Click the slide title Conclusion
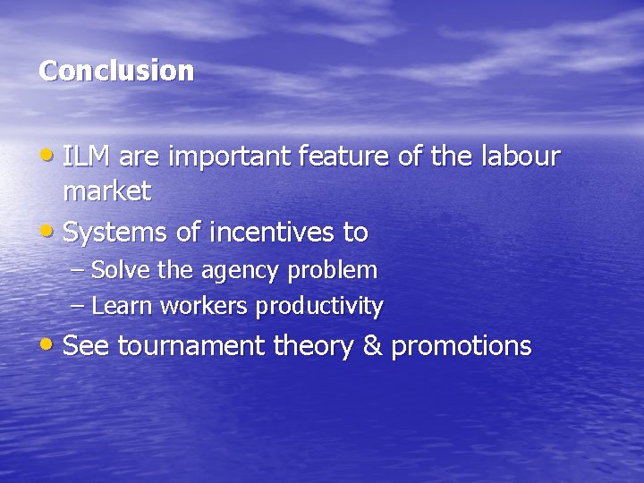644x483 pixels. pos(116,71)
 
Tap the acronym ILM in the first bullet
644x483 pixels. pos(87,157)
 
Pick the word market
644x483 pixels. pos(107,191)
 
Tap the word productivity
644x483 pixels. pos(319,307)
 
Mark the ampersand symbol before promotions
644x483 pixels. pos(372,346)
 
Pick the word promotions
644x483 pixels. pos(462,347)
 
